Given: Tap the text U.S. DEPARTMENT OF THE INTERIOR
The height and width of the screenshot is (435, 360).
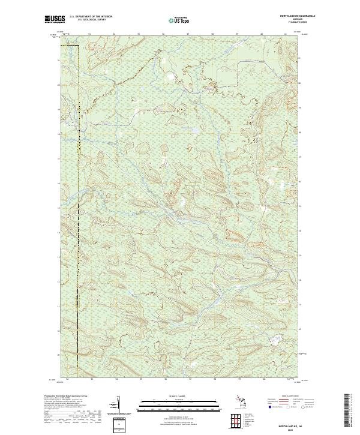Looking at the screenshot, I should [x=91, y=16].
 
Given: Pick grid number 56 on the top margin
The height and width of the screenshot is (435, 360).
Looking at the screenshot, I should [x=163, y=34].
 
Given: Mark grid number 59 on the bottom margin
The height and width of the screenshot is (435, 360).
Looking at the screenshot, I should [x=238, y=379].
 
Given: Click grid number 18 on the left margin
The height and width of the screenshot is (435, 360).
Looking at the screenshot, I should [x=58, y=134].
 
